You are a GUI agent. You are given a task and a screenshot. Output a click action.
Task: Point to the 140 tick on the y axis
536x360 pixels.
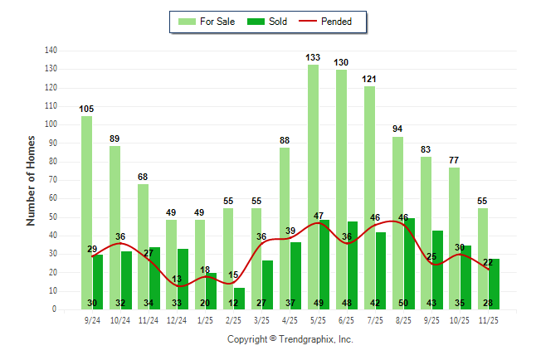click(51, 51)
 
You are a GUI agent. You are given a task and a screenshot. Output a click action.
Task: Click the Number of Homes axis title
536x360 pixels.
click(32, 180)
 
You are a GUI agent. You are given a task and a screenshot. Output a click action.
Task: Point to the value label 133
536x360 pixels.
click(313, 57)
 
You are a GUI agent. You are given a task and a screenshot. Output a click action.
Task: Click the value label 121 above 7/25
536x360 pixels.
click(369, 79)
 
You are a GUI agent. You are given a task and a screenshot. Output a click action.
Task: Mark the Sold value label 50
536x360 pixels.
click(403, 303)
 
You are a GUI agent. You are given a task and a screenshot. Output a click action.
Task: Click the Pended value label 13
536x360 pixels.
click(176, 279)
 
